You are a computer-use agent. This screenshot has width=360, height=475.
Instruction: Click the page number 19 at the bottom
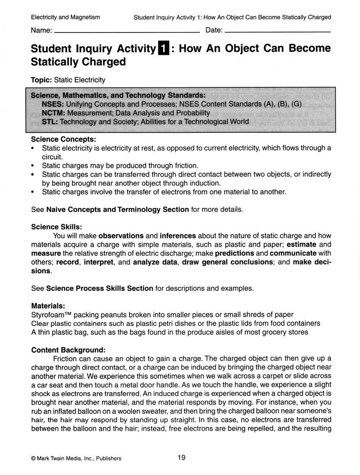(181, 457)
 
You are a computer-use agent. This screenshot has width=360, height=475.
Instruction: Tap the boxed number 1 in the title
(163, 48)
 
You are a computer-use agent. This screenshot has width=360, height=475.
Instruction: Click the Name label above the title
(41, 31)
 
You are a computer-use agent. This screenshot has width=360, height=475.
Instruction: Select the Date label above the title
(214, 31)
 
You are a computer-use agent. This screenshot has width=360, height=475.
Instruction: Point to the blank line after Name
(126, 32)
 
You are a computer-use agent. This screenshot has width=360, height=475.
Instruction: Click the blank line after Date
(277, 32)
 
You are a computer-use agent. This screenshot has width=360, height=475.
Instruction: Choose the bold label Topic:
(41, 80)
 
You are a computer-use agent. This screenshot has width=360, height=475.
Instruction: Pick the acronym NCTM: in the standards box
(52, 113)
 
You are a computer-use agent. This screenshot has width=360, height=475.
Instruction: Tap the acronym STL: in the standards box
(49, 122)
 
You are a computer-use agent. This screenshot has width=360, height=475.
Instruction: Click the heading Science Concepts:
(63, 139)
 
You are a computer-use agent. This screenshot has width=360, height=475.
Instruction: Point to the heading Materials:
(48, 305)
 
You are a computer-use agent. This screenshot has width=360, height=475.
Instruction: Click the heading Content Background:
(68, 349)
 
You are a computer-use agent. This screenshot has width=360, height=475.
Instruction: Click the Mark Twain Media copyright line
(76, 458)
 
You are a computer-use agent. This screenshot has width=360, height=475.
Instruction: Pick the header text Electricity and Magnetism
(66, 17)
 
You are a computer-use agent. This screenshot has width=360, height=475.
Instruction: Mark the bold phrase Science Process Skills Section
(100, 288)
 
